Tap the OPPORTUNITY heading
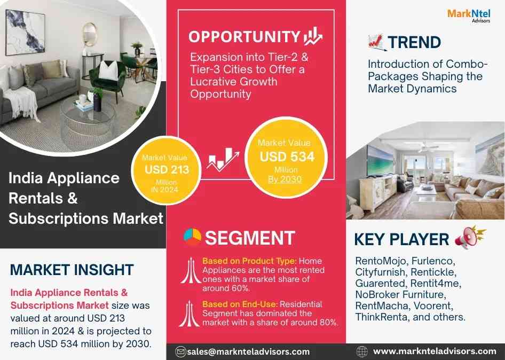244,37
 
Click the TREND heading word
414,43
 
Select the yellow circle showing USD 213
166,170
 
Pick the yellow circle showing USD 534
286,158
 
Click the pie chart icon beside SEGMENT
192,237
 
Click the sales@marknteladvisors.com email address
248,351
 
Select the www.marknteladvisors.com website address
435,351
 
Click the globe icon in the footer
362,351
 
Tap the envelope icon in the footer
180,351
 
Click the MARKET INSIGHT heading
72,270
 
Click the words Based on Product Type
249,261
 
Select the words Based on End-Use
240,304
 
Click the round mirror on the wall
90,34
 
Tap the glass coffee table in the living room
87,120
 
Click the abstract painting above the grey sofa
25,32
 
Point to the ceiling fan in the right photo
428,148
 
